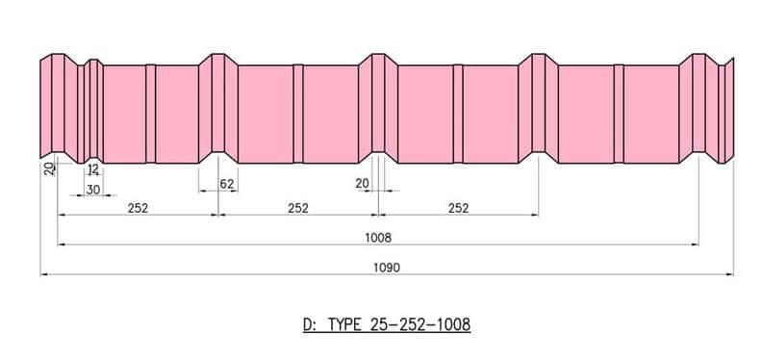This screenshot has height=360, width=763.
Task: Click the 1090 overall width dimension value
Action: (x=387, y=268)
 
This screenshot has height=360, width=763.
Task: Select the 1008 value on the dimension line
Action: (x=378, y=238)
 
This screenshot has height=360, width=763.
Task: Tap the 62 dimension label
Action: (x=227, y=184)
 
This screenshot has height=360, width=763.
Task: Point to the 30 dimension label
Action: (x=93, y=190)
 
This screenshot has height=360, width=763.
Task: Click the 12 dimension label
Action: (x=93, y=169)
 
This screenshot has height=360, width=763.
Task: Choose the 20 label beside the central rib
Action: (x=362, y=184)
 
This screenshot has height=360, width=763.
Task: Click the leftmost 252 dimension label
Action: (x=138, y=208)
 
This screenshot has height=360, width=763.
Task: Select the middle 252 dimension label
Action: (x=298, y=208)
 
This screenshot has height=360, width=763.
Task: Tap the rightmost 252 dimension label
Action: (x=458, y=208)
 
